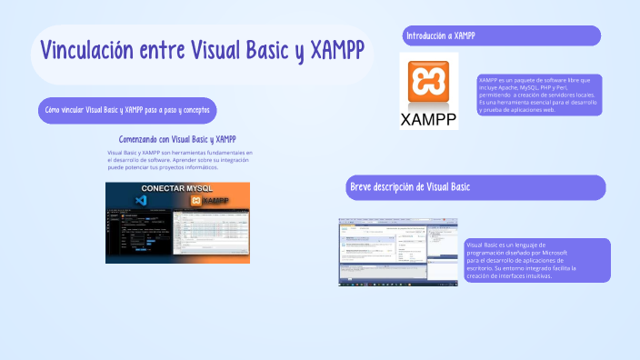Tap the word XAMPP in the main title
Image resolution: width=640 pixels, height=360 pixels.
click(x=337, y=50)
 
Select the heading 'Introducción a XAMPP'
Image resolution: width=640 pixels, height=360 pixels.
click(x=441, y=35)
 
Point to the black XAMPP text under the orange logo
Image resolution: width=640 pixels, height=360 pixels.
click(x=428, y=120)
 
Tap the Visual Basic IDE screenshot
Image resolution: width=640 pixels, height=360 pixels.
click(x=398, y=252)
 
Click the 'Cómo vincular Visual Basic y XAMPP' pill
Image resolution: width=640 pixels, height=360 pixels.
click(x=127, y=110)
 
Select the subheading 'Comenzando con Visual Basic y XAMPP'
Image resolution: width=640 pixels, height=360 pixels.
click(x=177, y=139)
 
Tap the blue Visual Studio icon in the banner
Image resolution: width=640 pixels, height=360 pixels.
click(x=140, y=200)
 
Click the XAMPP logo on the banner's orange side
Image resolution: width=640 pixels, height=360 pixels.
click(x=210, y=200)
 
